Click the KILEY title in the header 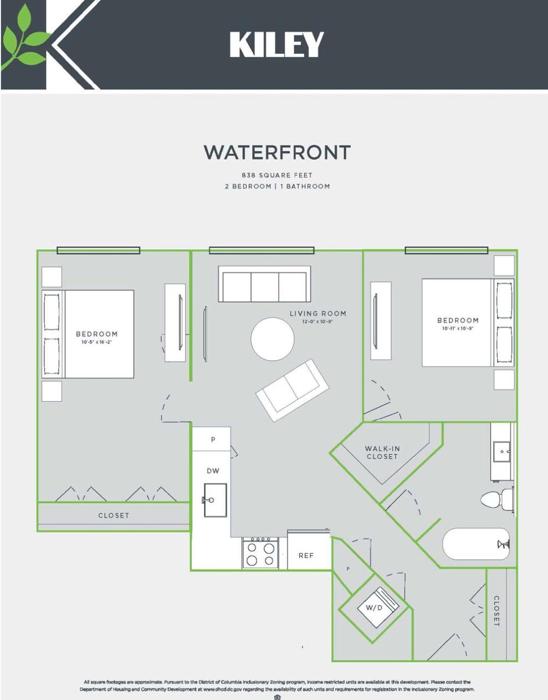point(276,44)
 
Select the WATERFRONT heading point(277,152)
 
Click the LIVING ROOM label point(318,314)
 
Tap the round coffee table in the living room point(273,339)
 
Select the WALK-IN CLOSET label point(382,452)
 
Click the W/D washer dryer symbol point(375,607)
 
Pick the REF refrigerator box point(306,555)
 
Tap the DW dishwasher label point(213,471)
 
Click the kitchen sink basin point(215,500)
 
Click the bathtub point(475,544)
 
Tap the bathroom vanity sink point(502,452)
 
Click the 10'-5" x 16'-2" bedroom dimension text point(97,342)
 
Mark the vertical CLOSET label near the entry point(496,611)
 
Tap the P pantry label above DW point(213,440)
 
